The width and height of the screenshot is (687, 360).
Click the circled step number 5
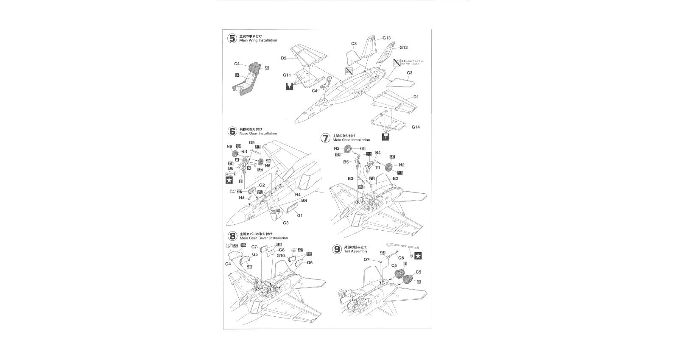tap(232, 38)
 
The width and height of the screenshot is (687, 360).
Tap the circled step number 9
tap(337, 249)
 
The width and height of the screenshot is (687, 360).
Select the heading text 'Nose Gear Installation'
tap(258, 133)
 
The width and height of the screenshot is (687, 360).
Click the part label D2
tap(284, 58)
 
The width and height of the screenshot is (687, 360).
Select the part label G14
tap(416, 127)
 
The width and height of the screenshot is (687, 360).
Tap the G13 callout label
tap(386, 38)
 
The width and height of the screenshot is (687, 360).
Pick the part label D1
tap(416, 97)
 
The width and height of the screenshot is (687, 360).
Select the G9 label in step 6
tap(251, 142)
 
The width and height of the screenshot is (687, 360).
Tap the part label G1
tap(300, 216)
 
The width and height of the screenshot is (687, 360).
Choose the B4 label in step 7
tap(378, 152)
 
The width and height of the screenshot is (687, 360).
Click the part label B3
tap(351, 179)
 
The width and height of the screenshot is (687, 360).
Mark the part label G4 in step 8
tap(228, 264)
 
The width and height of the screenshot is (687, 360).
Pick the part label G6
tap(310, 262)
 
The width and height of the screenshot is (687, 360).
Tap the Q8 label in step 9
tap(401, 257)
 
